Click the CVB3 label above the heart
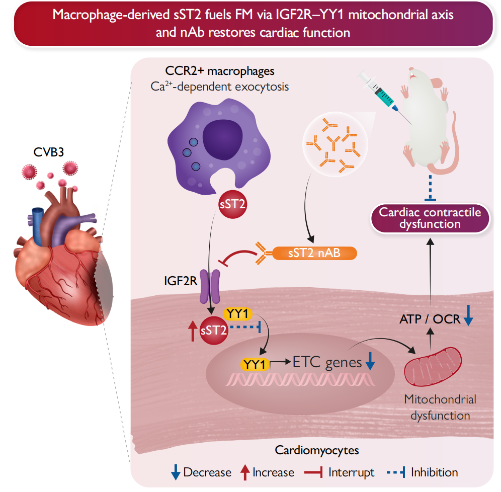tap(46, 151)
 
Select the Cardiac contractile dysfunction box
tap(430, 218)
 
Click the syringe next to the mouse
tap(380, 93)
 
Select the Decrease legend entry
tap(201, 472)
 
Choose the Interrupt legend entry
tap(340, 472)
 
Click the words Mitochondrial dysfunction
tap(440, 407)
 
